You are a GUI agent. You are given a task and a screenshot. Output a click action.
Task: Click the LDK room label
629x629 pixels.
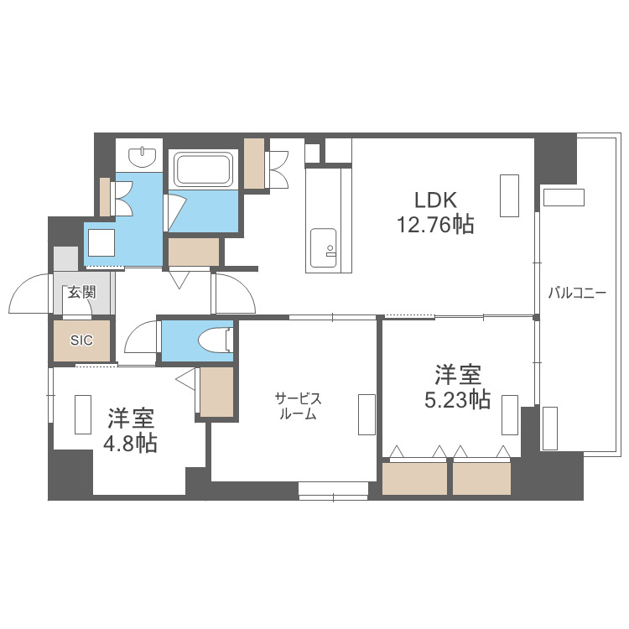434,200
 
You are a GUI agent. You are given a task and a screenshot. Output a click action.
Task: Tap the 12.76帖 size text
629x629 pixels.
434,224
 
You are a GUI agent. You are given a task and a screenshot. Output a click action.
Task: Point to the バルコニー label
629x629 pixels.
577,294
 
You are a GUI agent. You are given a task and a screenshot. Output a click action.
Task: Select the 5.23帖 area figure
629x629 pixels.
456,400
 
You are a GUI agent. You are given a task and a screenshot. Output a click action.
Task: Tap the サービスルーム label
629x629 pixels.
299,406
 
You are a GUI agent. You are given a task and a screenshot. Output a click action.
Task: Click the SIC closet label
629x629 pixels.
81,340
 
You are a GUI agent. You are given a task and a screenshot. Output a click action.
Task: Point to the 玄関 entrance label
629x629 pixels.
81,292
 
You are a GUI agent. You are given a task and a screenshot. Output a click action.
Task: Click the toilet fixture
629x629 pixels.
215,340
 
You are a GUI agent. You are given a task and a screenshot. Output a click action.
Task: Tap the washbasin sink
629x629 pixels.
144,155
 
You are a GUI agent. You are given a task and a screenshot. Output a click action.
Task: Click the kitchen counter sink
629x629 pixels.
328,249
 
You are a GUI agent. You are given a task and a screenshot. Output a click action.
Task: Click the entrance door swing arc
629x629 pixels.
29,295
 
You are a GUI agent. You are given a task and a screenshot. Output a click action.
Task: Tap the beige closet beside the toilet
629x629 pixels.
216,391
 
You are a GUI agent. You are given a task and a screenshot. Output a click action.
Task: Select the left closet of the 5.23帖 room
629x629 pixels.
415,479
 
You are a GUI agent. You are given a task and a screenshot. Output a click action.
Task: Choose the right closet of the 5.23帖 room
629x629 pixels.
481,479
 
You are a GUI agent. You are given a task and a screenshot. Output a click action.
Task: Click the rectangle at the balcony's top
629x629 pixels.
563,196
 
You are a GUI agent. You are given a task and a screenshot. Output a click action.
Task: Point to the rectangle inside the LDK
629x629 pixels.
509,195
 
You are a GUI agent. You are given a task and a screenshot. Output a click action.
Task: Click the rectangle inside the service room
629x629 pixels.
366,414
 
